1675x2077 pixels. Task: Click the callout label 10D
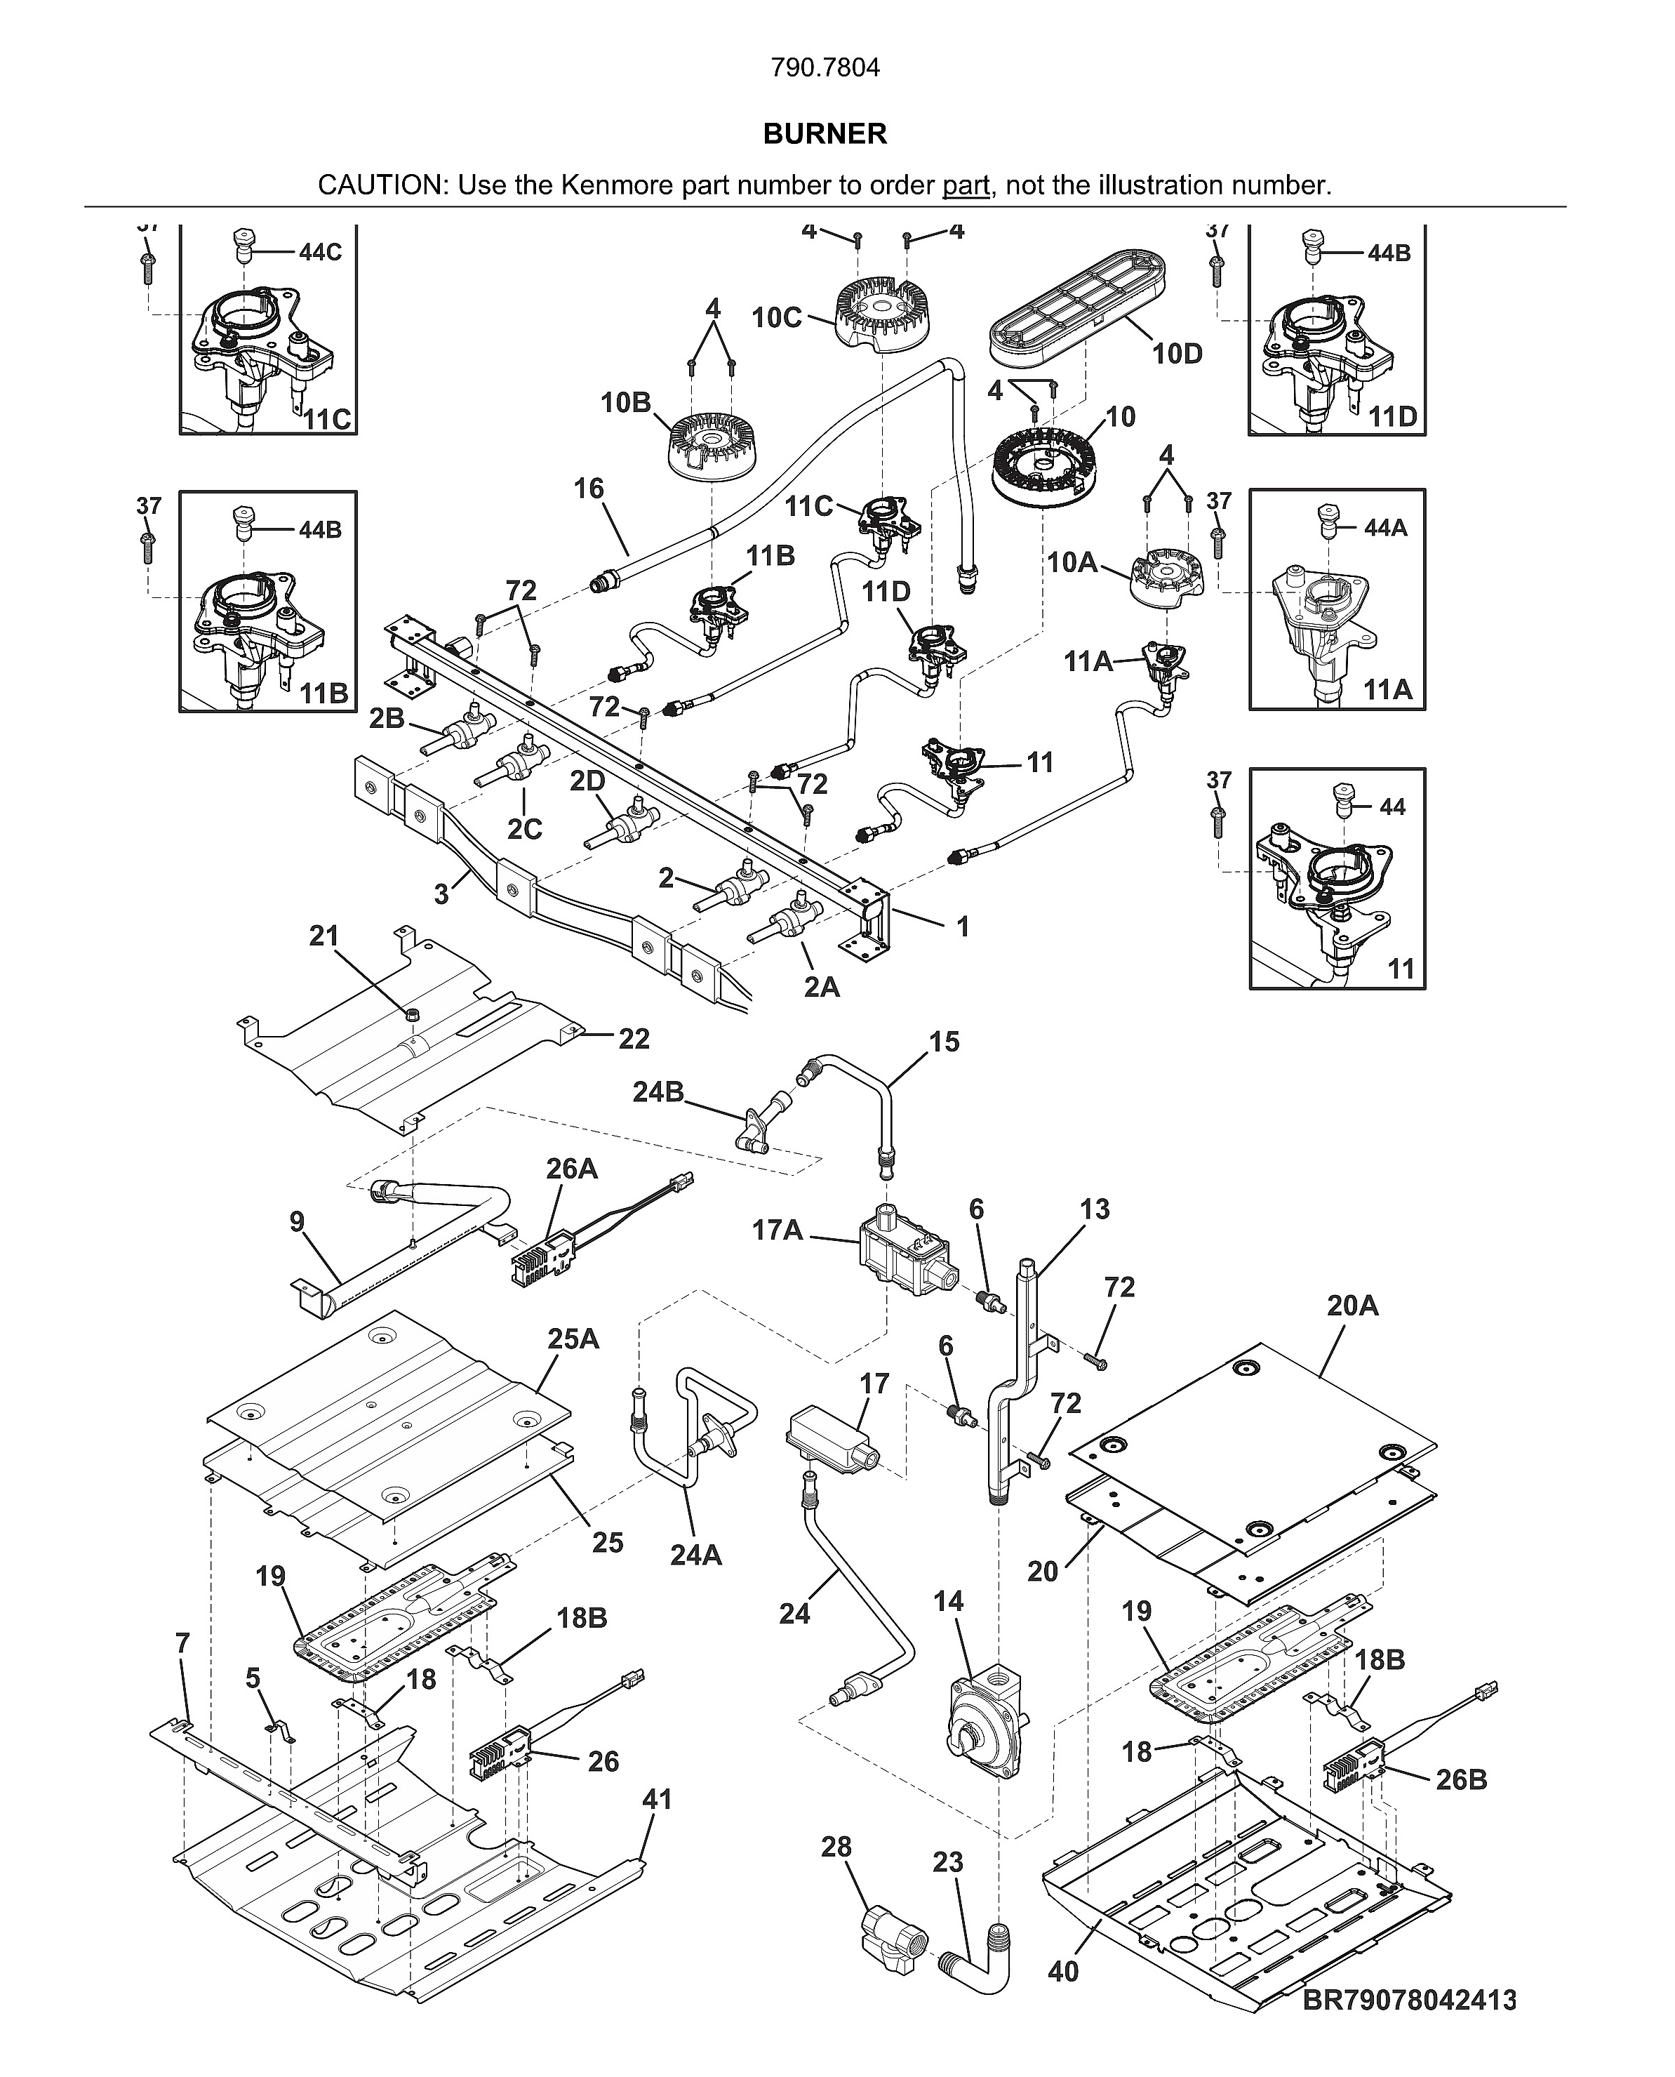(x=1177, y=354)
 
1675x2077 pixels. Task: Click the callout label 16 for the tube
(x=589, y=489)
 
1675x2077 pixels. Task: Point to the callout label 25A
(x=573, y=1339)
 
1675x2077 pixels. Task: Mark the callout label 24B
(x=658, y=1091)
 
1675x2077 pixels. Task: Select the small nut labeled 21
(x=412, y=1014)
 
